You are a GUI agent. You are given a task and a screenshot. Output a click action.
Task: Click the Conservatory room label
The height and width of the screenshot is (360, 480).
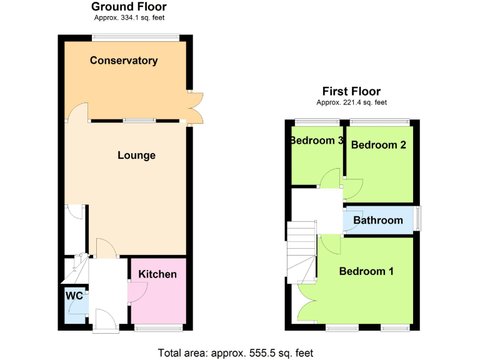tap(123, 61)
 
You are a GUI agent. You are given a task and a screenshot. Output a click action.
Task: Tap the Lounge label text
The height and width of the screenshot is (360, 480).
tap(136, 155)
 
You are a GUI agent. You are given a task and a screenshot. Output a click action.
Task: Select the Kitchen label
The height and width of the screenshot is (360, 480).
tap(157, 274)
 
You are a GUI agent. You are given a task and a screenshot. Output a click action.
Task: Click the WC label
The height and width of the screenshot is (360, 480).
tap(75, 296)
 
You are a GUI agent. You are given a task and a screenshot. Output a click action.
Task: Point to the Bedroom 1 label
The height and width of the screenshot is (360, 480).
tap(366, 271)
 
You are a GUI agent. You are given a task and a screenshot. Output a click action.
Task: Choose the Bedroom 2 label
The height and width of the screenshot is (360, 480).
tap(379, 145)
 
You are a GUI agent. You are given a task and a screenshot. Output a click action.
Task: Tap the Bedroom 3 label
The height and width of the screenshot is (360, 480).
tap(317, 141)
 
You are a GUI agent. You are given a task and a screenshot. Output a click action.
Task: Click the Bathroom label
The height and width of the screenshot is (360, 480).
tap(378, 220)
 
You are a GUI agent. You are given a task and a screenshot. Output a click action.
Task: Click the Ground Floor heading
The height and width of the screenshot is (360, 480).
tap(129, 7)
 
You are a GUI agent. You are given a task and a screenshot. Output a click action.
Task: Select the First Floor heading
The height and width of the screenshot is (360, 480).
tap(351, 91)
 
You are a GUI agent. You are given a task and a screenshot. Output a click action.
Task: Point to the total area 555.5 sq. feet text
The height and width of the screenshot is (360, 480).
tap(236, 352)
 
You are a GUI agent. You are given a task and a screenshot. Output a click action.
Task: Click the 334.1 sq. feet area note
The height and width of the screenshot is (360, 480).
tap(129, 17)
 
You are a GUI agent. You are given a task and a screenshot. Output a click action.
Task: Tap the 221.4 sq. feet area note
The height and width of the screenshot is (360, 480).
tap(352, 102)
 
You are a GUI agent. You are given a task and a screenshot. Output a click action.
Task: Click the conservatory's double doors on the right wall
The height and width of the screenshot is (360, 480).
tap(195, 107)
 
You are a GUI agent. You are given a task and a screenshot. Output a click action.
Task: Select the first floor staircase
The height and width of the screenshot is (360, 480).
tap(301, 254)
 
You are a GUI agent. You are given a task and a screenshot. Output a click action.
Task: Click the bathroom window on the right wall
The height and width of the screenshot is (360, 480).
tap(418, 219)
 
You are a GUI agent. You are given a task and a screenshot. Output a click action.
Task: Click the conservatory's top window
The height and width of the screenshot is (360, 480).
tap(136, 38)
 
